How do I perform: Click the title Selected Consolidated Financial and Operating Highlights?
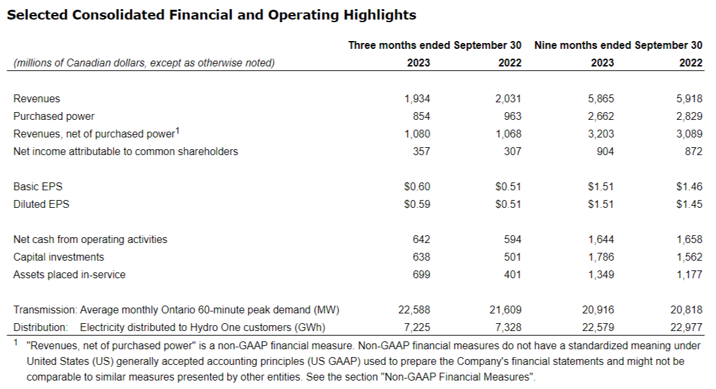211,15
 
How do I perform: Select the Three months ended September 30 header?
434,46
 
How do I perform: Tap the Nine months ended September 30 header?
618,46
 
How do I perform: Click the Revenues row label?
37,99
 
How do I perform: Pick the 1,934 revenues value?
417,99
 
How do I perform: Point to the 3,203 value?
601,134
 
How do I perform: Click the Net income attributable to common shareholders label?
126,152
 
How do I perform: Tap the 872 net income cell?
694,152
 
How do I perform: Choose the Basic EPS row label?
38,187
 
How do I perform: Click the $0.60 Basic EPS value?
417,187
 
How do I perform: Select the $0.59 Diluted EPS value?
417,205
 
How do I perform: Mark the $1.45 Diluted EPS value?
689,205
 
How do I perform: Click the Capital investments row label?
59,257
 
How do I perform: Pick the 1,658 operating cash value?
689,240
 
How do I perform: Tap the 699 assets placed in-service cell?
421,275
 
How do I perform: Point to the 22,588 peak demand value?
414,310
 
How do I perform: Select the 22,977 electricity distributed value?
687,328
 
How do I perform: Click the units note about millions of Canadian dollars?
144,63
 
